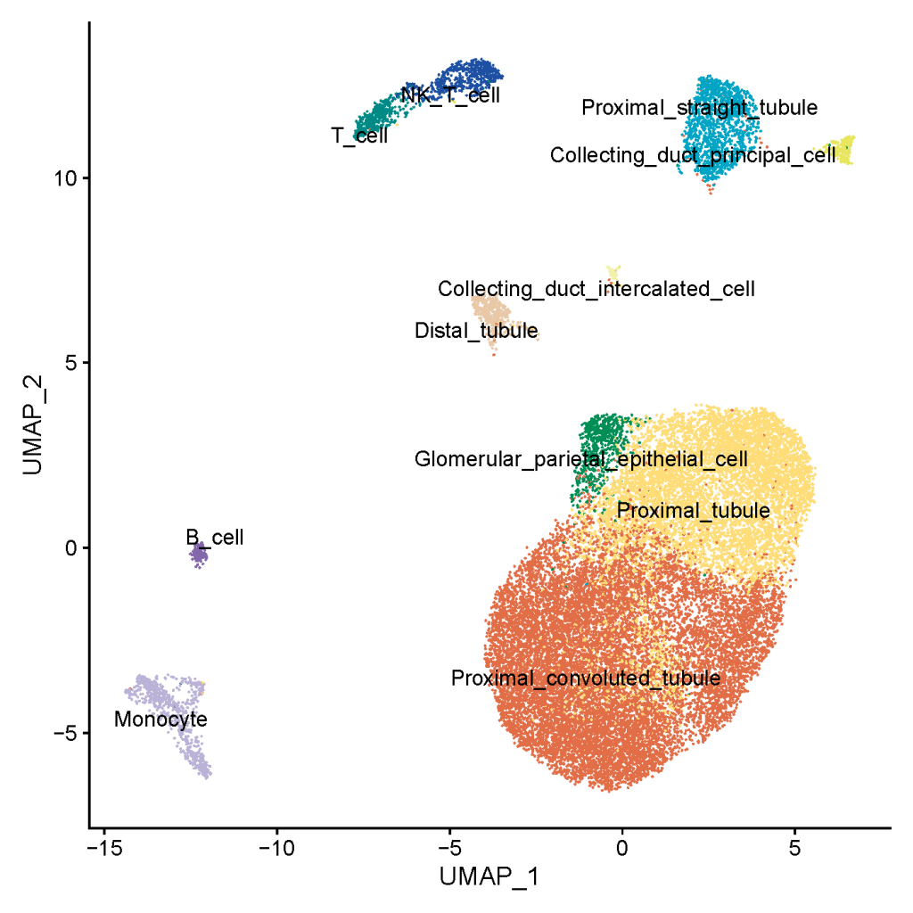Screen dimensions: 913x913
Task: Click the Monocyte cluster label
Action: (160, 720)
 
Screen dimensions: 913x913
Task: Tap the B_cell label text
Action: (214, 538)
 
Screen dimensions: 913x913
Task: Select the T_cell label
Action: (359, 136)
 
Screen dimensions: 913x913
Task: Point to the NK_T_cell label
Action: (450, 94)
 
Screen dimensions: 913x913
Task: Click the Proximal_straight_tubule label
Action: (700, 108)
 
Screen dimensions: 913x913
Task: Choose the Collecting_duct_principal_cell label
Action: (693, 155)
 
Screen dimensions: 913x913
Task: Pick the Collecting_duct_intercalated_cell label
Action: (596, 289)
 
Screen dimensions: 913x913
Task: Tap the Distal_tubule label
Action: (476, 332)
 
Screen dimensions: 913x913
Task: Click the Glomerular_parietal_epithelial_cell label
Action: (581, 460)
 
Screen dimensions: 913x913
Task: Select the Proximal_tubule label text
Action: (694, 511)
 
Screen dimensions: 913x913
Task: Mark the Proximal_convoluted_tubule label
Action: (586, 678)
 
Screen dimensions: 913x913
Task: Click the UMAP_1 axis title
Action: (489, 876)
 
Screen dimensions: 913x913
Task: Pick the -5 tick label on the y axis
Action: (68, 733)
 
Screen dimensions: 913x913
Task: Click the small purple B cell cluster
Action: (199, 556)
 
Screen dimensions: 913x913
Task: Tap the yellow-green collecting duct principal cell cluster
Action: (842, 152)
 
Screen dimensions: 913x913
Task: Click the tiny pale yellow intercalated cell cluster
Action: (613, 272)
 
